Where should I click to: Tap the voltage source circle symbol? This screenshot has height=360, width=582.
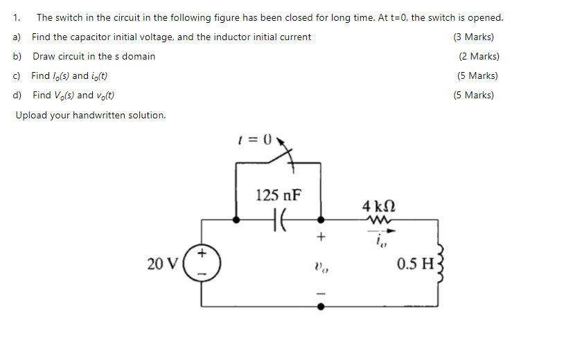pyautogui.click(x=202, y=263)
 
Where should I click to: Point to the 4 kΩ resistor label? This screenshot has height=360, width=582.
pyautogui.click(x=379, y=206)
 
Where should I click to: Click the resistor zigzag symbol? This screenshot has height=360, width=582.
pyautogui.click(x=379, y=219)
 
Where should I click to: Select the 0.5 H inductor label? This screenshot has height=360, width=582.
pyautogui.click(x=415, y=264)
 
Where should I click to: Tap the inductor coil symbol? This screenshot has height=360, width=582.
pyautogui.click(x=438, y=263)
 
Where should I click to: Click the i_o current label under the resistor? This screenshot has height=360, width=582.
pyautogui.click(x=378, y=242)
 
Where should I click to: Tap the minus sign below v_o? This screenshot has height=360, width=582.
pyautogui.click(x=319, y=291)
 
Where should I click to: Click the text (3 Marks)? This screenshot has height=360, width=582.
pyautogui.click(x=473, y=37)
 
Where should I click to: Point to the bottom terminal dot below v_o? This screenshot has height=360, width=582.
pyautogui.click(x=319, y=305)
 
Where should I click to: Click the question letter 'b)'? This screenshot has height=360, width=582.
pyautogui.click(x=17, y=56)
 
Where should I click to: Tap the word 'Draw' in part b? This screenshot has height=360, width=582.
pyautogui.click(x=43, y=56)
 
